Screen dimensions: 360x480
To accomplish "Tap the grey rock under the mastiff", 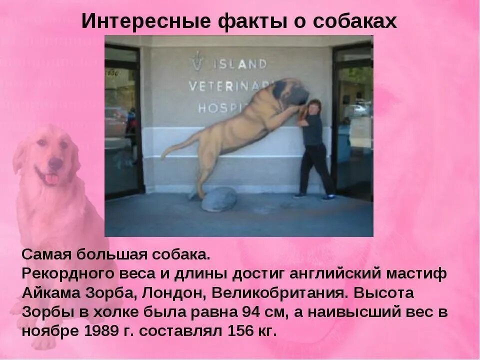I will [x=218, y=199].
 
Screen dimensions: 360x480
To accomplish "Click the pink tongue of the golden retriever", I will [x=51, y=178].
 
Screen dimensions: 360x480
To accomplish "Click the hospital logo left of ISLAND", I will [x=197, y=60].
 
